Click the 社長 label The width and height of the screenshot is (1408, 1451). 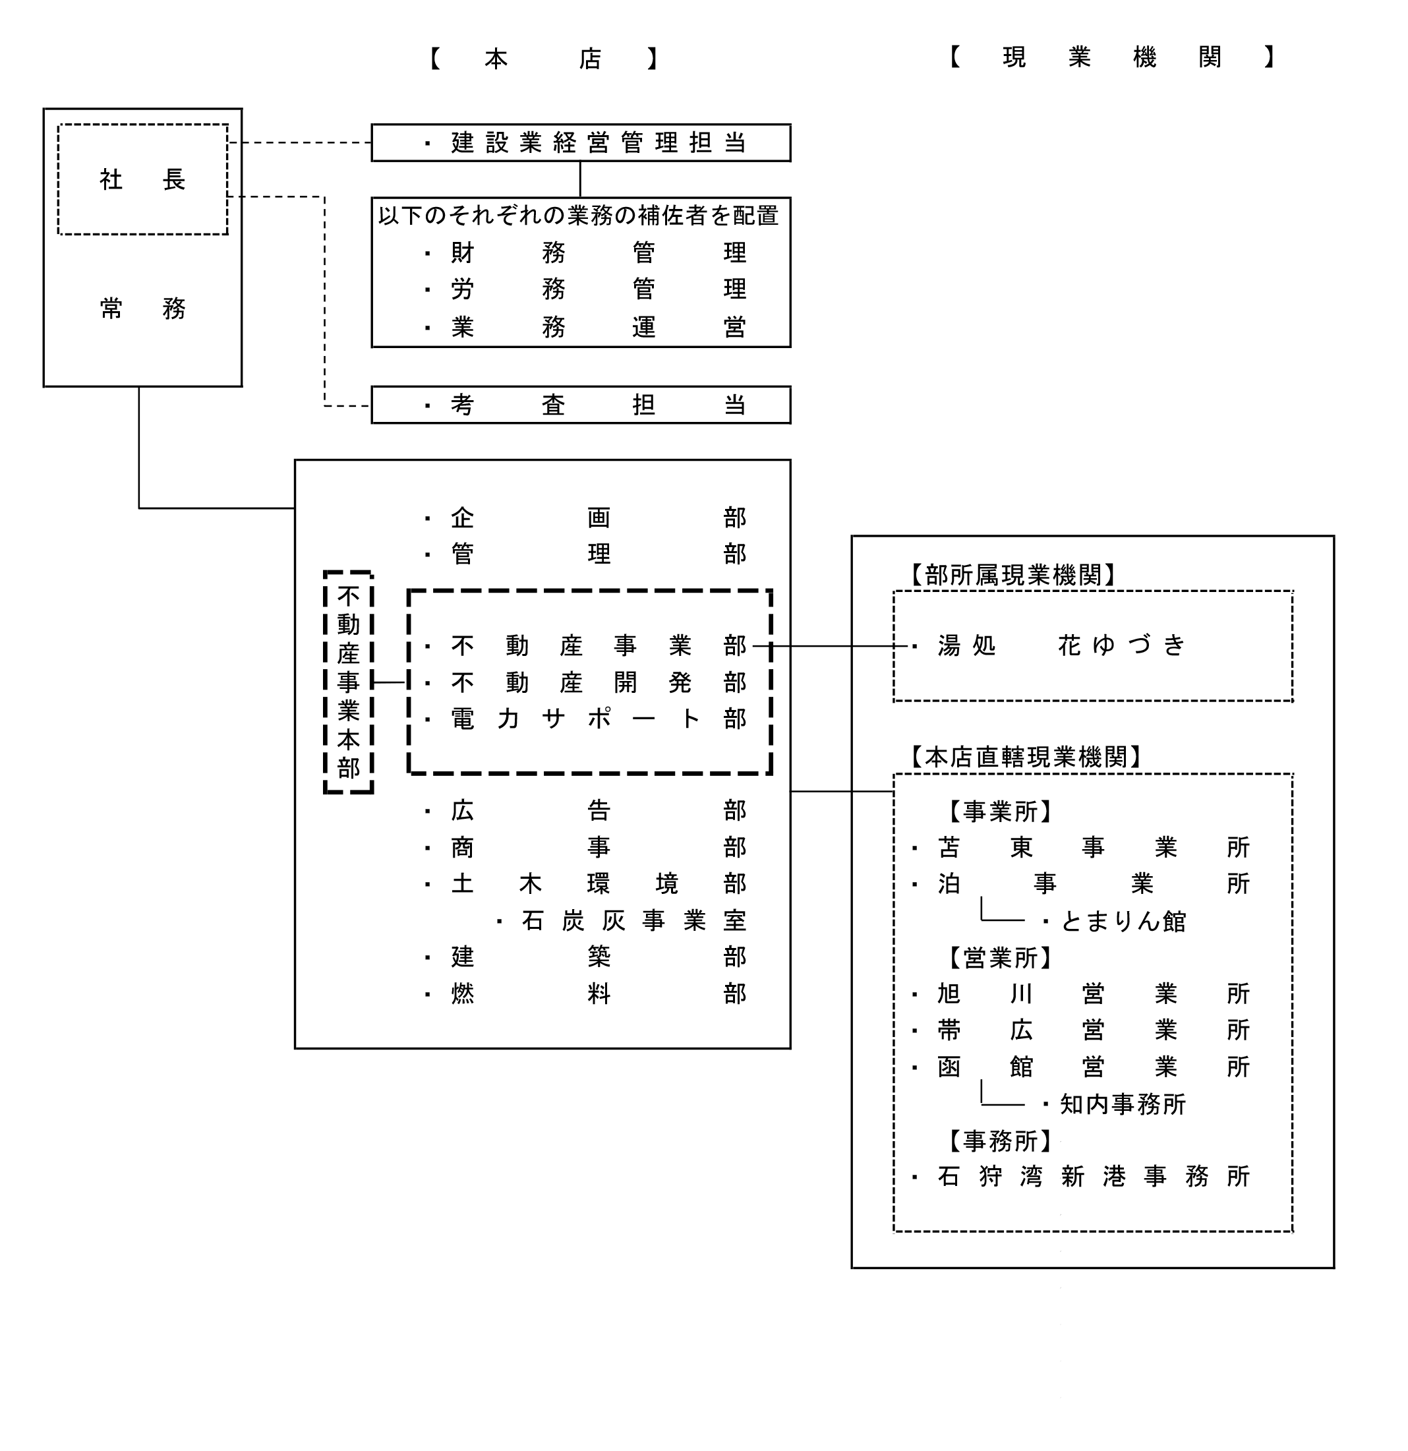pyautogui.click(x=142, y=179)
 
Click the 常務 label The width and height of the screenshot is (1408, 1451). pyautogui.click(x=142, y=308)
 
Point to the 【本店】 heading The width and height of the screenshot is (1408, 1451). pyautogui.click(x=544, y=59)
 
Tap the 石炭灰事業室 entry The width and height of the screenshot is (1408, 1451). pyautogui.click(x=622, y=920)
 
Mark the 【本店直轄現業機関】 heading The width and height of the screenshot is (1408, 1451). pyautogui.click(x=1025, y=757)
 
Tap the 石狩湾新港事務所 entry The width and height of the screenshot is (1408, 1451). pyautogui.click(x=1082, y=1176)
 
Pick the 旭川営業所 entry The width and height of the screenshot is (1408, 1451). pyautogui.click(x=1082, y=993)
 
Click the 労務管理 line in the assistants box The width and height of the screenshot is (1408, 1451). pyautogui.click(x=586, y=289)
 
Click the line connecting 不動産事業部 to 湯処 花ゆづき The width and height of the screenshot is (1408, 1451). pyautogui.click(x=831, y=646)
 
